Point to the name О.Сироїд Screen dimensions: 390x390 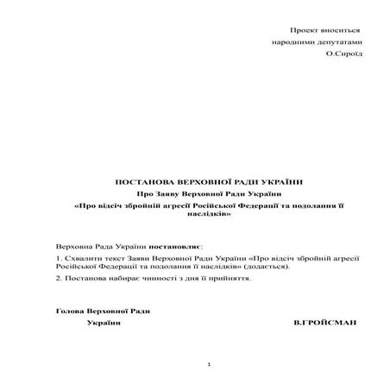[344, 53]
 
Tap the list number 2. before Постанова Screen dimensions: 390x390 [57, 280]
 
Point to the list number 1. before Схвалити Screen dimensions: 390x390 [57, 258]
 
